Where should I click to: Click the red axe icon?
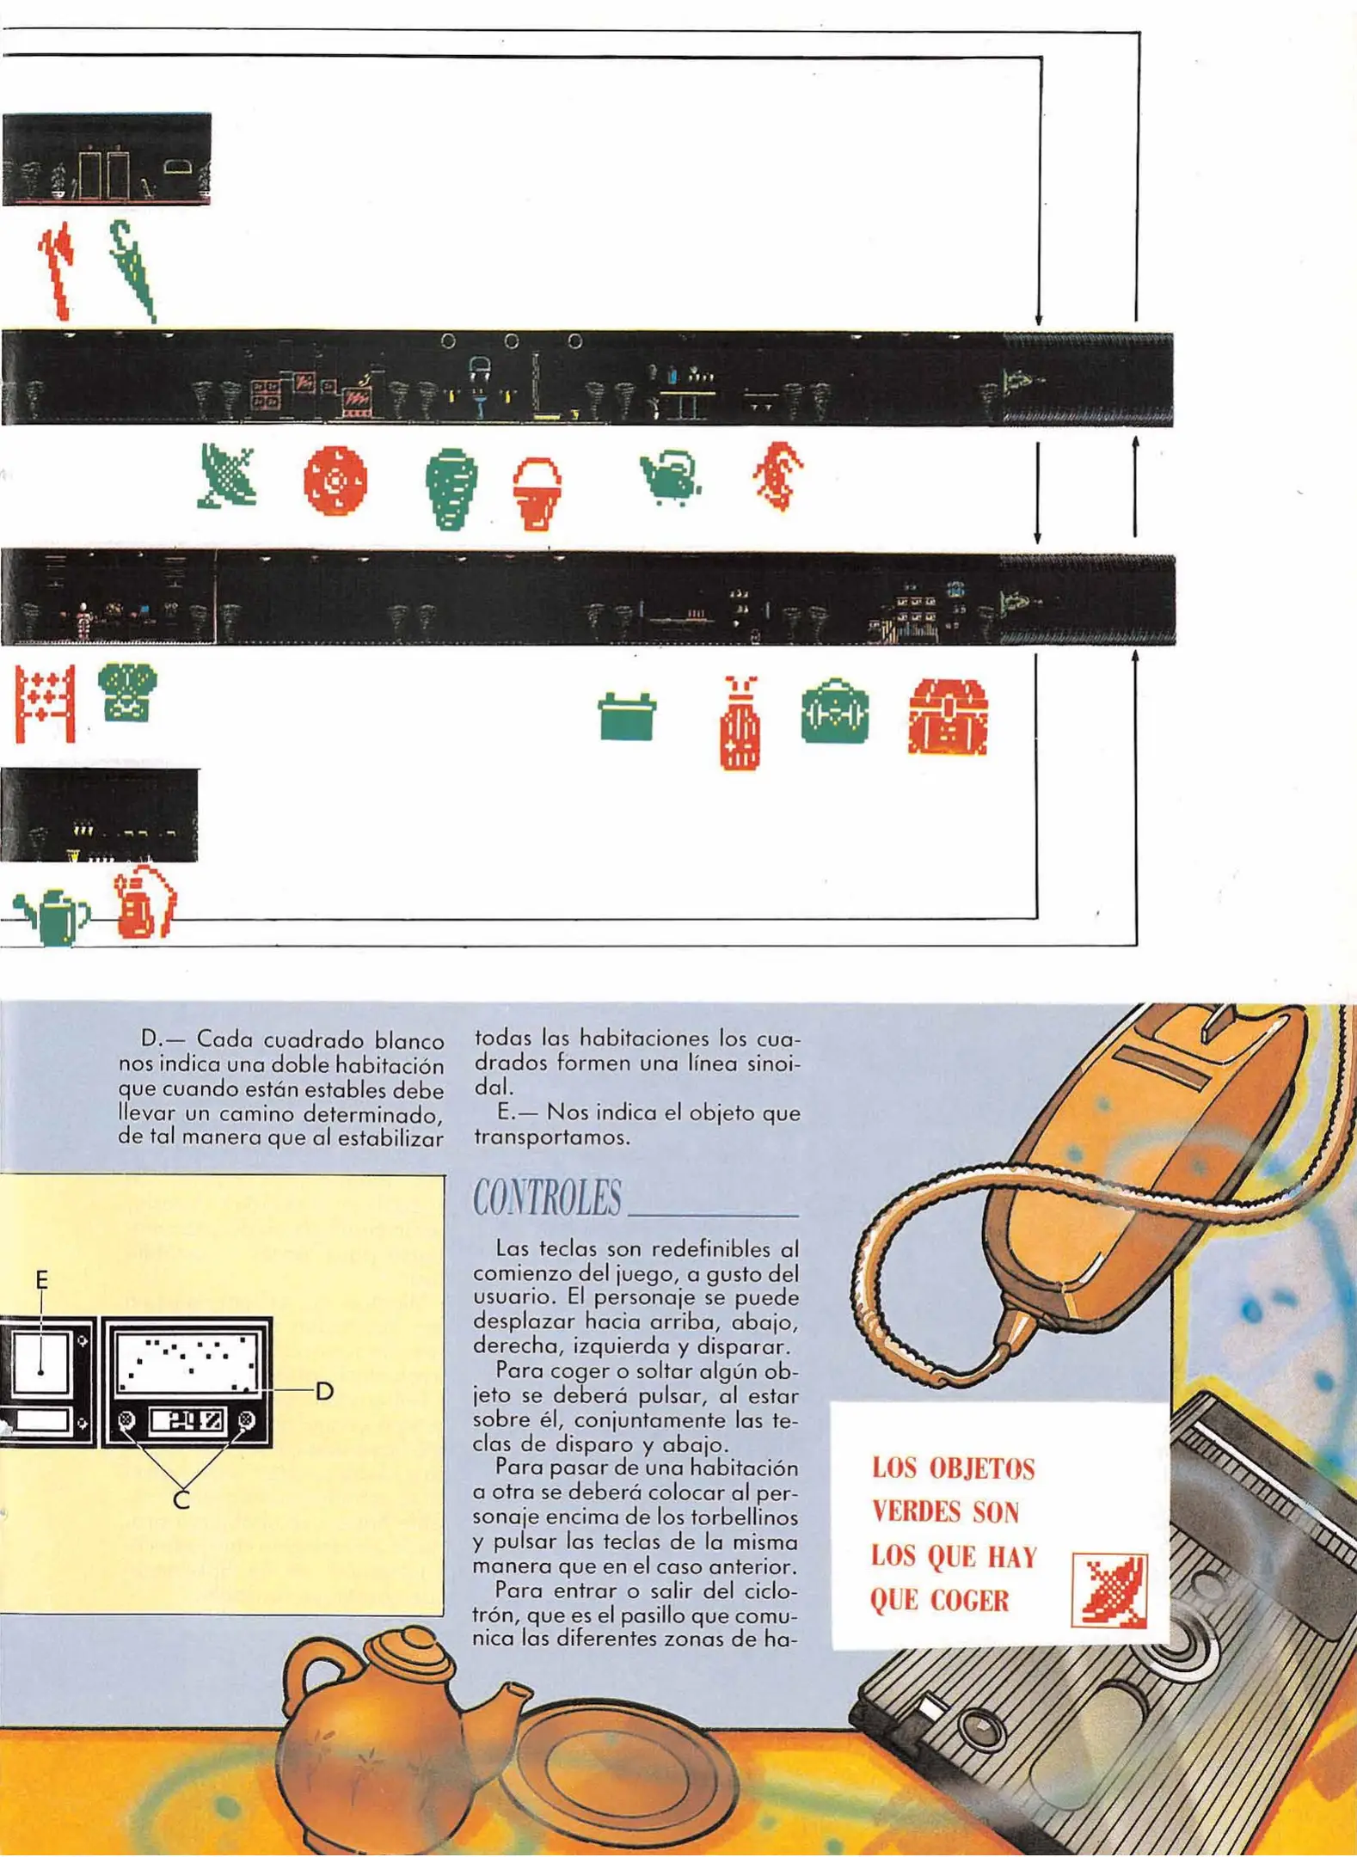(x=57, y=269)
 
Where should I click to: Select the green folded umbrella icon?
(x=132, y=270)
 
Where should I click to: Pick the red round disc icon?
(x=335, y=480)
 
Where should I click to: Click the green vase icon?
(x=451, y=488)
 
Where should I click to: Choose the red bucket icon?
(x=537, y=493)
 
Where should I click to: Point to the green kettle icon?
(x=671, y=477)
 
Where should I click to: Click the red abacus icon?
(x=45, y=703)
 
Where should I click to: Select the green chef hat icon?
(x=127, y=691)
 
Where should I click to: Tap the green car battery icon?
(x=627, y=716)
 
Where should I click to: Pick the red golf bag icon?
(x=740, y=724)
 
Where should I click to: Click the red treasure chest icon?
(x=948, y=717)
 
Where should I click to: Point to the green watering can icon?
(x=54, y=917)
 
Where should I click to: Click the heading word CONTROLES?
(x=547, y=1198)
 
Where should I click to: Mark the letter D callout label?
(x=324, y=1391)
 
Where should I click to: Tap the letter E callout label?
(x=41, y=1280)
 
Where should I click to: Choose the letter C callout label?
(x=181, y=1500)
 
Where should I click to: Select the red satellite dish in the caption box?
(x=1109, y=1590)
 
